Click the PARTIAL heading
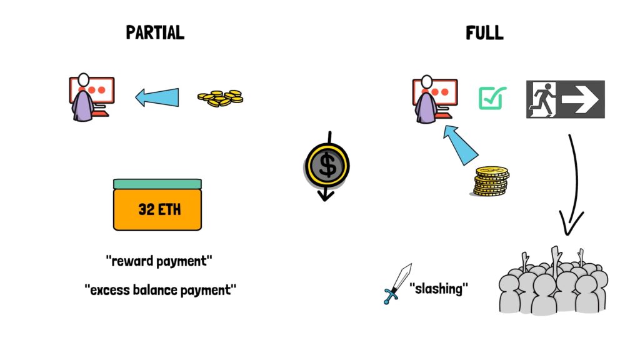(155, 32)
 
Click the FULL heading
(484, 33)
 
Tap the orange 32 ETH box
(157, 210)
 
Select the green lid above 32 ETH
(157, 184)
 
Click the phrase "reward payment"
(159, 261)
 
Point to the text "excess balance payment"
(161, 290)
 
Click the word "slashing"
(439, 289)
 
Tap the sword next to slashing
(397, 284)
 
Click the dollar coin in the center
(327, 166)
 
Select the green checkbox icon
(492, 98)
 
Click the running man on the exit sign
(542, 99)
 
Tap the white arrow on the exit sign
(580, 99)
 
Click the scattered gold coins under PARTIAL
(221, 98)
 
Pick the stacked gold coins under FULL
(491, 181)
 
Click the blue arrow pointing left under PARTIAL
(157, 97)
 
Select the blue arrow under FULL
(461, 145)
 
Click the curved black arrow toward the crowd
(577, 184)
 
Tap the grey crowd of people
(554, 282)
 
